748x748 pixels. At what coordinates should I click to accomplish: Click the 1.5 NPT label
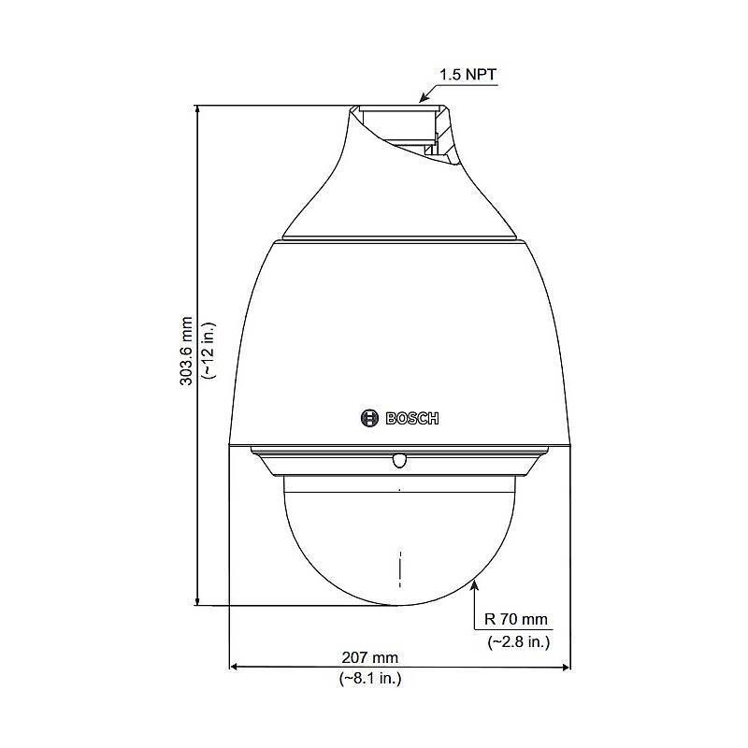click(x=467, y=71)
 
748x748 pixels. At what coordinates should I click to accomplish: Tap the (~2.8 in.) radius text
click(x=517, y=641)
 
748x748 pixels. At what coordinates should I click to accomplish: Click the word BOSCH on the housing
click(x=412, y=418)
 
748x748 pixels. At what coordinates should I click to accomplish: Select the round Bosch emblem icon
click(x=369, y=418)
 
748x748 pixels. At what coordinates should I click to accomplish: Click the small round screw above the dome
click(x=399, y=459)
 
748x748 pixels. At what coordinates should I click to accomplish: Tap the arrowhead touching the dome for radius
click(x=475, y=584)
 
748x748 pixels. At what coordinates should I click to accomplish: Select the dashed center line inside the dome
click(x=399, y=567)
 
